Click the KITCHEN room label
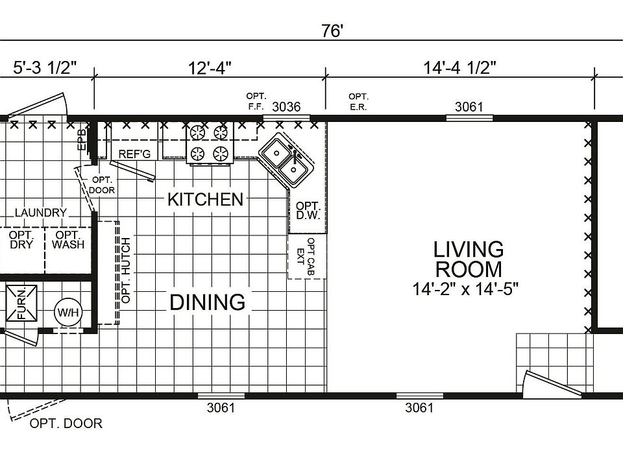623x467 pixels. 205,199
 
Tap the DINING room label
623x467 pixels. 208,302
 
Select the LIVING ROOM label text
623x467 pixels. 469,259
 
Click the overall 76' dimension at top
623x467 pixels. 332,31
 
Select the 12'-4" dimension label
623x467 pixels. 209,68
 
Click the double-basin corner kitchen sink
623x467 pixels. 286,160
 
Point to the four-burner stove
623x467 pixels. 210,143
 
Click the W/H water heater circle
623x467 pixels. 67,313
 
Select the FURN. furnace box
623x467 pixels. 21,303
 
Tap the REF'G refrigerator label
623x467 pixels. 134,154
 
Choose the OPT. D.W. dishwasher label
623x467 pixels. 308,211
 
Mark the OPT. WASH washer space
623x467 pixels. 68,240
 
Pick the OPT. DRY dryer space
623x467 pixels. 21,240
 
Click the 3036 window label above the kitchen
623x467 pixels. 286,107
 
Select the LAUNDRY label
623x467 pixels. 41,212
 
